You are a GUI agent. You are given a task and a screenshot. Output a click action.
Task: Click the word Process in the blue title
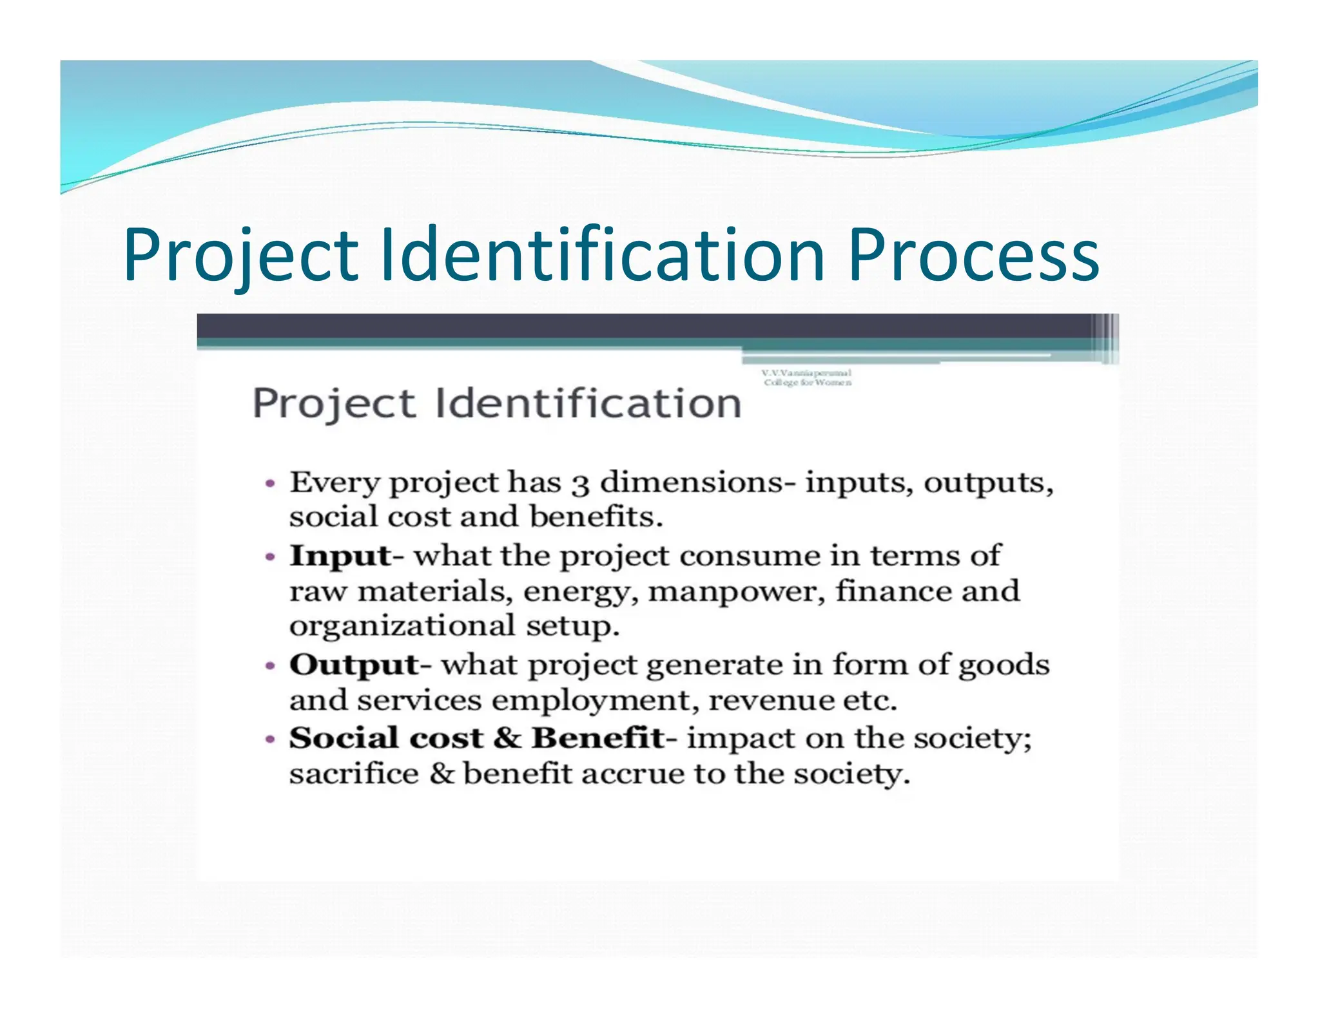pos(973,255)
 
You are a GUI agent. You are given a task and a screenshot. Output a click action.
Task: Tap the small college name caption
pos(807,377)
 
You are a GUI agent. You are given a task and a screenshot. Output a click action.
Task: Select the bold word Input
pos(340,556)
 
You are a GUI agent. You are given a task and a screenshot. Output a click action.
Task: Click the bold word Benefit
pos(597,738)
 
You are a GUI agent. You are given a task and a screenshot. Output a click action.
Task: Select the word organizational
pos(402,626)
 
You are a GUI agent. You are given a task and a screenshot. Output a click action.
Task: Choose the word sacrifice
pos(354,774)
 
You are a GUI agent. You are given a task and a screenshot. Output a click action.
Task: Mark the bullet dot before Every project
pos(271,483)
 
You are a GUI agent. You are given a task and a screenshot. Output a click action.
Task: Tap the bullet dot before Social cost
pos(271,739)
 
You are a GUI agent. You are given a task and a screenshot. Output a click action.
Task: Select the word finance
pos(893,591)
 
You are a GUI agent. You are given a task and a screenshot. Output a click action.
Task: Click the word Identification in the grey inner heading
pos(588,404)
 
